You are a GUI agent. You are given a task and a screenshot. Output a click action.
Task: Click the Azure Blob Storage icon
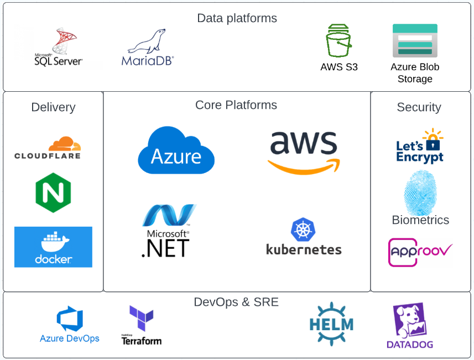(x=415, y=40)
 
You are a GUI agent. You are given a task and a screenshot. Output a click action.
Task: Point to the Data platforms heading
(x=237, y=18)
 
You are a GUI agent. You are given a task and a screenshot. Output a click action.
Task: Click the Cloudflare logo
(x=48, y=148)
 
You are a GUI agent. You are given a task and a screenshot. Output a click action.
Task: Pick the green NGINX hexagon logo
(x=53, y=192)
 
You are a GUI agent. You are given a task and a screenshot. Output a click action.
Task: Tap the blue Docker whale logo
(x=53, y=247)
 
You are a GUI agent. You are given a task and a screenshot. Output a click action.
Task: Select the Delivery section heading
(x=53, y=107)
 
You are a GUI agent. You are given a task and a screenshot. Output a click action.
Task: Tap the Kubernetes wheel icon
(x=303, y=229)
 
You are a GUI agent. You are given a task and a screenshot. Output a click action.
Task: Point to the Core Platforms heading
(x=236, y=105)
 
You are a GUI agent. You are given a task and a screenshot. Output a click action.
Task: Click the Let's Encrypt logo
(x=420, y=147)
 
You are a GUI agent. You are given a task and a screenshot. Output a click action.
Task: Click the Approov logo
(x=420, y=252)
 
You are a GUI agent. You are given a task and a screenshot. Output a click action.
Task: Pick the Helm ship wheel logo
(x=331, y=324)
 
